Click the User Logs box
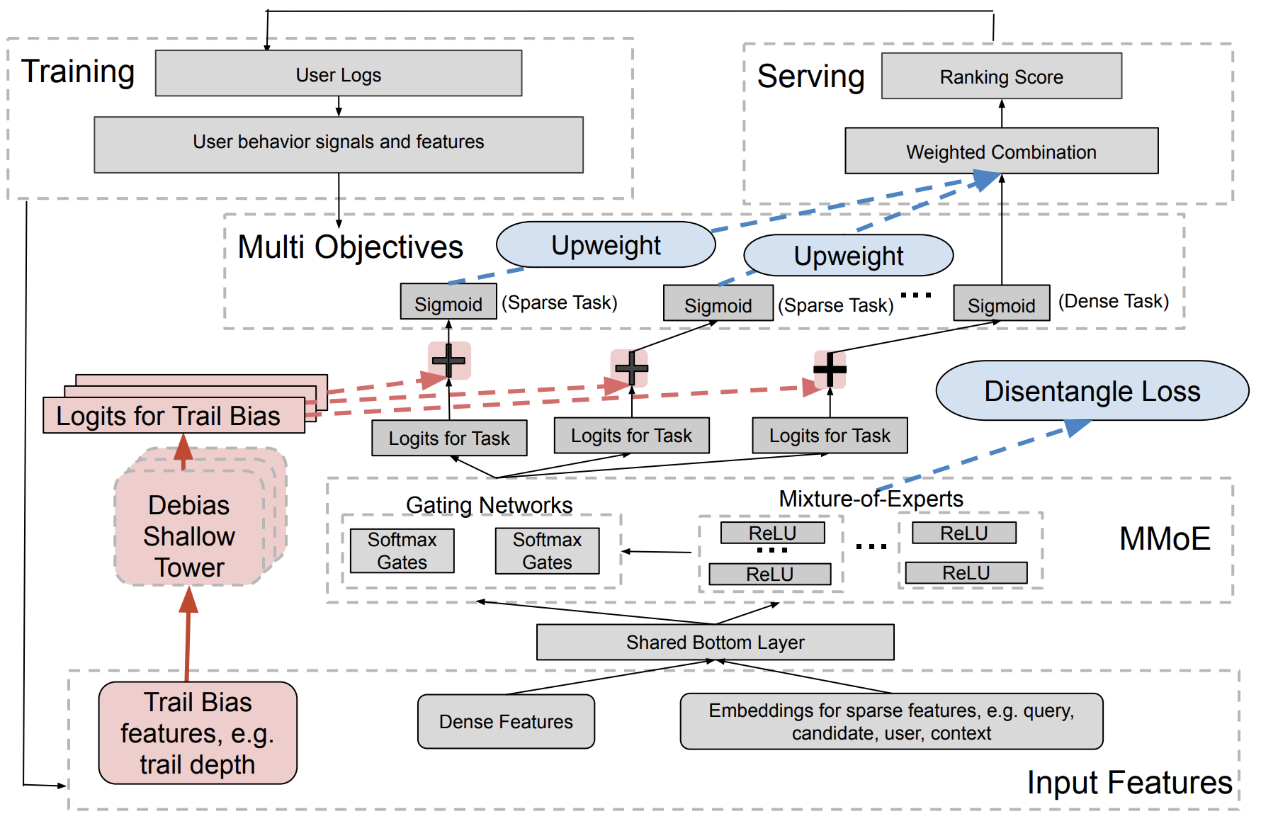[x=339, y=74]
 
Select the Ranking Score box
[x=1001, y=77]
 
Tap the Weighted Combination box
[x=1001, y=152]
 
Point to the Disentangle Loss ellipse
[x=1092, y=391]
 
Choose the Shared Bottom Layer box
[x=715, y=643]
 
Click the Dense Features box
[x=506, y=721]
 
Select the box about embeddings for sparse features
[x=891, y=721]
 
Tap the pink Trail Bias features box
[x=198, y=733]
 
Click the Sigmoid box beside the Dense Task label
[x=1001, y=305]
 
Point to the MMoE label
[x=1164, y=539]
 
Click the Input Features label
[x=1129, y=783]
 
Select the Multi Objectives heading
[x=350, y=247]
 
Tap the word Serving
[x=810, y=77]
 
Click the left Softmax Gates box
[x=402, y=551]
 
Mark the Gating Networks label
[x=489, y=505]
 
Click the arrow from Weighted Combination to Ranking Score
[x=1002, y=113]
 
